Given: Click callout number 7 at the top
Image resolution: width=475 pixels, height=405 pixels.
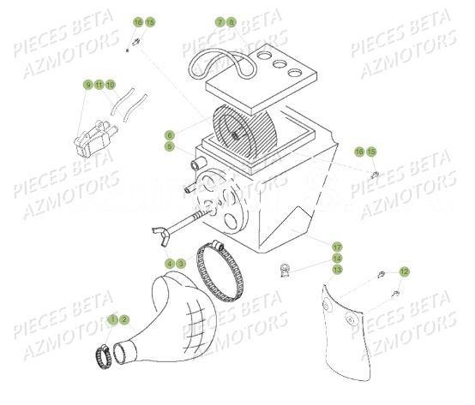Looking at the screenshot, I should (219, 21).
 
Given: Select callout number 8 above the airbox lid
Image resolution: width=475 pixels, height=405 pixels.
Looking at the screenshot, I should (230, 21).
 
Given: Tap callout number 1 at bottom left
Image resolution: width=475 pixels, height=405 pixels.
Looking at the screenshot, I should (113, 319).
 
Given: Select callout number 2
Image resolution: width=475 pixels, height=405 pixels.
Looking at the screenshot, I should (124, 319).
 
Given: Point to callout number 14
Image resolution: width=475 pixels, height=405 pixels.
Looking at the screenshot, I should (337, 258).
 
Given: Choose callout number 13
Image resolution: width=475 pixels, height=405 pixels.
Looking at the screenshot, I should (337, 269).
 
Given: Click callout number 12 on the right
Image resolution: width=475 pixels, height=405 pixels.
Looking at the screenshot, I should (405, 271).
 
